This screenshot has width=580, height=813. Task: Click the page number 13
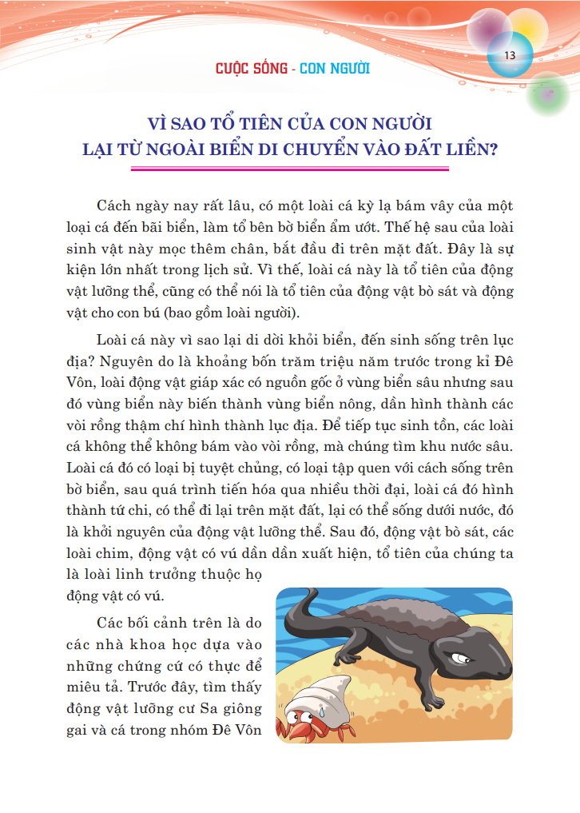click(x=509, y=54)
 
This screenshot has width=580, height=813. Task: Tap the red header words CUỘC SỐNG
click(x=252, y=68)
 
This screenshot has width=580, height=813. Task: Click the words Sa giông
click(x=218, y=706)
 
